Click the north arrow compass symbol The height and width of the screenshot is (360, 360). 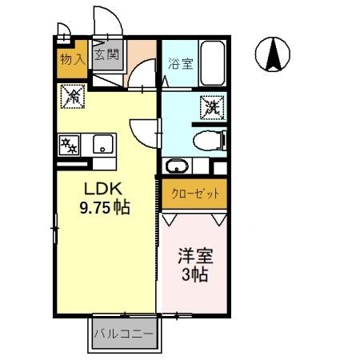tap(272, 54)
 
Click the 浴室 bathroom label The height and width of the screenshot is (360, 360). tap(180, 63)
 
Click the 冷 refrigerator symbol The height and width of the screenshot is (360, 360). tap(72, 98)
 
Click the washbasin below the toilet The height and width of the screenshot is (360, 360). tap(178, 166)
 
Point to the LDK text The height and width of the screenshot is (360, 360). tap(102, 189)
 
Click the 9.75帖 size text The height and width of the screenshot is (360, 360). tap(104, 206)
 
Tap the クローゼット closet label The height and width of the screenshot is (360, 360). tap(194, 194)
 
